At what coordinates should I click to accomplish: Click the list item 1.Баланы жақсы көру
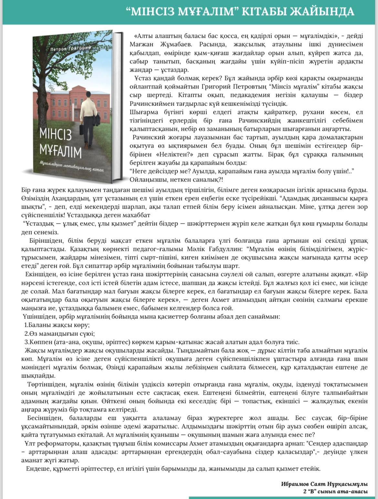pyautogui.click(x=57, y=325)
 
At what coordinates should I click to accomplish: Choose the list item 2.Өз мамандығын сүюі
pyautogui.click(x=59, y=334)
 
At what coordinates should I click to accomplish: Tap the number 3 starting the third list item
pyautogui.click(x=26, y=342)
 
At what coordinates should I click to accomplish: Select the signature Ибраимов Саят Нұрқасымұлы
pyautogui.click(x=324, y=484)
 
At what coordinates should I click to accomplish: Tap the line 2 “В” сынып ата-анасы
pyautogui.click(x=335, y=491)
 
